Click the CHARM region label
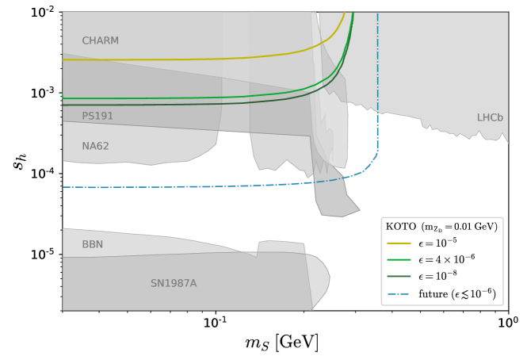pyautogui.click(x=100, y=41)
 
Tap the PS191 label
pyautogui.click(x=97, y=117)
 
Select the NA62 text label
pyautogui.click(x=95, y=147)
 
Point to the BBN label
pyautogui.click(x=92, y=245)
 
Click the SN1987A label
pyautogui.click(x=174, y=284)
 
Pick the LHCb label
pyautogui.click(x=490, y=118)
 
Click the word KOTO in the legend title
pyautogui.click(x=400, y=227)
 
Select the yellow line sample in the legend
pyautogui.click(x=398, y=243)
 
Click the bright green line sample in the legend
pyautogui.click(x=398, y=259)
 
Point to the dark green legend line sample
pyautogui.click(x=398, y=277)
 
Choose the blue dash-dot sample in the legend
pyautogui.click(x=398, y=294)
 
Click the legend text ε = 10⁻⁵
pyautogui.click(x=437, y=243)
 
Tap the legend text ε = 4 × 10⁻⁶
pyautogui.click(x=447, y=259)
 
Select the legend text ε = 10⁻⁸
pyautogui.click(x=437, y=277)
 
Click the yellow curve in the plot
pyautogui.click(x=158, y=59)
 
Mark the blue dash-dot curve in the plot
pyautogui.click(x=158, y=187)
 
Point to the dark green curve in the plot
pyautogui.click(x=158, y=105)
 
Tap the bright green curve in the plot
pyautogui.click(x=158, y=98)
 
